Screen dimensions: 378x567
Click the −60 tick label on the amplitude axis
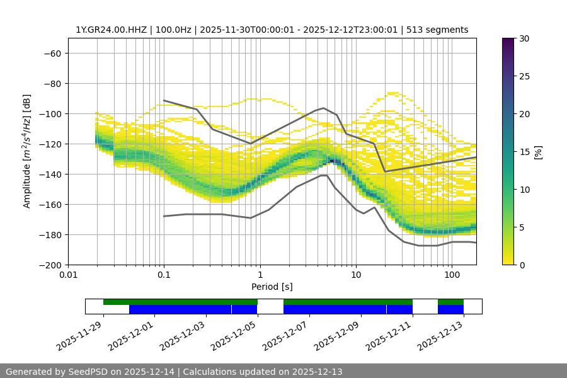click(x=52, y=54)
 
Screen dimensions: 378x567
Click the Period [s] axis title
click(x=272, y=287)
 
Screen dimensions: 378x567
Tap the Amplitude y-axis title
click(x=27, y=152)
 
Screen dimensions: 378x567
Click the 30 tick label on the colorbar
click(x=524, y=38)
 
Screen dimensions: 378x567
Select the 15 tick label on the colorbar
click(x=524, y=152)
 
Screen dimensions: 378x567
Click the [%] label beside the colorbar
click(x=537, y=152)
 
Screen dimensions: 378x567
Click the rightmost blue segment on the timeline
click(x=450, y=309)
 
